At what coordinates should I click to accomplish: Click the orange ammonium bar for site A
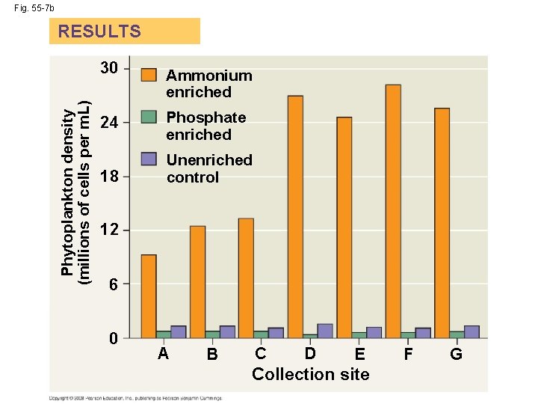(149, 296)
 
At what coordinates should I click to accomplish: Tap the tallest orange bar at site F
(392, 211)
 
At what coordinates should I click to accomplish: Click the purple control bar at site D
(325, 331)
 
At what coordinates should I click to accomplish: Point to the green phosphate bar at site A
(164, 334)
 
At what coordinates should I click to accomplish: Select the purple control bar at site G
(471, 331)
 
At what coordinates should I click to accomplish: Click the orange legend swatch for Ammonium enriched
(149, 75)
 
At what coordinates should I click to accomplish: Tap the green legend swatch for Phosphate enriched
(149, 117)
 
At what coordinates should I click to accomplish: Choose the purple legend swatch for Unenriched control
(149, 159)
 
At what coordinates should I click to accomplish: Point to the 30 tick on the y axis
(109, 69)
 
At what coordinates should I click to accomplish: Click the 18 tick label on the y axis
(109, 177)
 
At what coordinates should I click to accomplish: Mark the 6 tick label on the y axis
(113, 285)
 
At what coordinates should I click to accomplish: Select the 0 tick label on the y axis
(113, 339)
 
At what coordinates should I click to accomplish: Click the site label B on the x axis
(212, 355)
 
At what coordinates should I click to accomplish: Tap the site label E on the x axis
(360, 355)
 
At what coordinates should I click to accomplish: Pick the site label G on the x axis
(456, 355)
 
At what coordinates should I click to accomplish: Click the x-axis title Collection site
(310, 374)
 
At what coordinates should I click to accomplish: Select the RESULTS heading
(99, 31)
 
